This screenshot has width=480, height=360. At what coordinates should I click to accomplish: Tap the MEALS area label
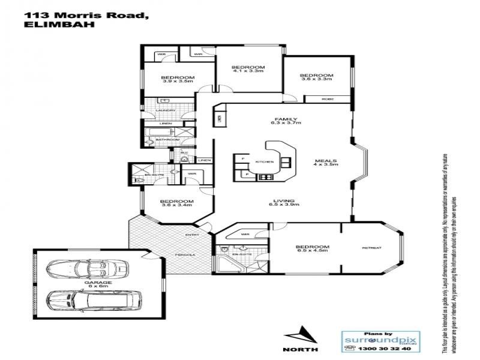pos(329,161)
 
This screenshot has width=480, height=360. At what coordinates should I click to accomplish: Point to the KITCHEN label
pos(265,162)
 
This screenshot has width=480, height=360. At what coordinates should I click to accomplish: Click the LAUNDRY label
pos(165,110)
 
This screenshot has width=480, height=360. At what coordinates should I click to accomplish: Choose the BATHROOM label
pos(167,140)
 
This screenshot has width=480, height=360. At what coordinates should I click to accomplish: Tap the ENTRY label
pos(192,235)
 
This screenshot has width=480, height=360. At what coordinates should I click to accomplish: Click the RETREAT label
pos(372,247)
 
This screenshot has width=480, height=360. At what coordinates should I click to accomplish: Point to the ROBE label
pos(327,98)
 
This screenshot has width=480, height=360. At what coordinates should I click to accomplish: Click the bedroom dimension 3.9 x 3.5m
pos(177,82)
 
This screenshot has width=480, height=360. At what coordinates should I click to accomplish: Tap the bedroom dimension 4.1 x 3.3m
pos(248,71)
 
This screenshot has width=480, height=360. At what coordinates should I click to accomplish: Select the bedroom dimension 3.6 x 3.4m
pos(177,205)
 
